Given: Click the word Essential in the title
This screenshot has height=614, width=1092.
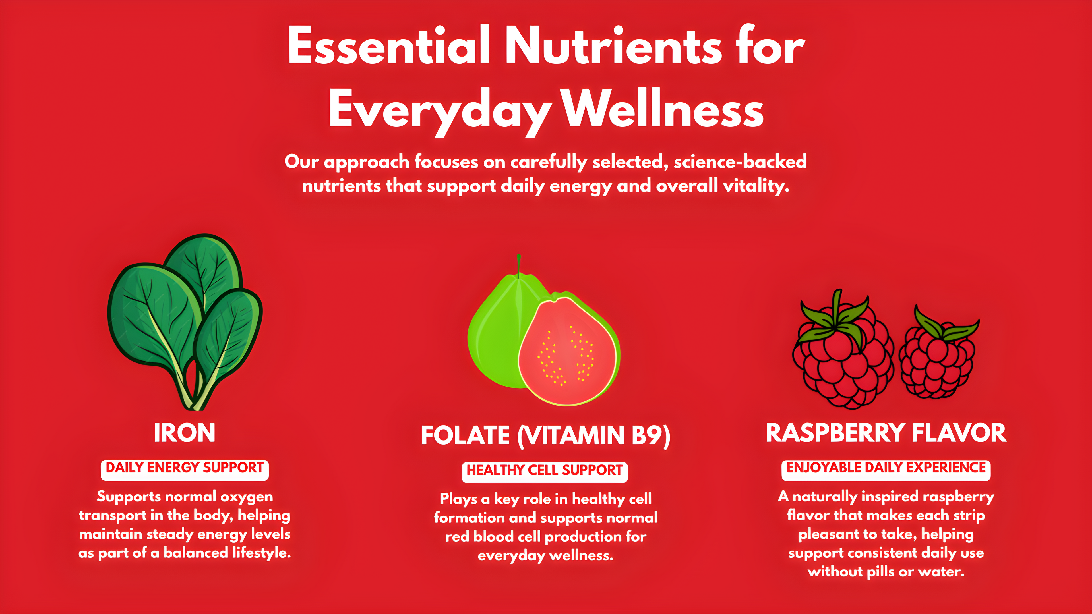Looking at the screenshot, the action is [389, 45].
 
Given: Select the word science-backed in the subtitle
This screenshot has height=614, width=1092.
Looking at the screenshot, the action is [740, 161].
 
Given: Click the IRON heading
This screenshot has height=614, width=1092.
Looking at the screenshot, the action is [184, 433].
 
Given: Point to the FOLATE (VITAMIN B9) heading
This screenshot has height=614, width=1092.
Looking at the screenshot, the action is [546, 435].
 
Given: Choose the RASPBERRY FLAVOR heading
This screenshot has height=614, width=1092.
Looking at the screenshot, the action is [886, 433].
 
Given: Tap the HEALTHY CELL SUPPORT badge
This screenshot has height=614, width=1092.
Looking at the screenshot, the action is [545, 472].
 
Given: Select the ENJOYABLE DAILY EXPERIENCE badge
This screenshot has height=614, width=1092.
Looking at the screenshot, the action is [886, 470].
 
